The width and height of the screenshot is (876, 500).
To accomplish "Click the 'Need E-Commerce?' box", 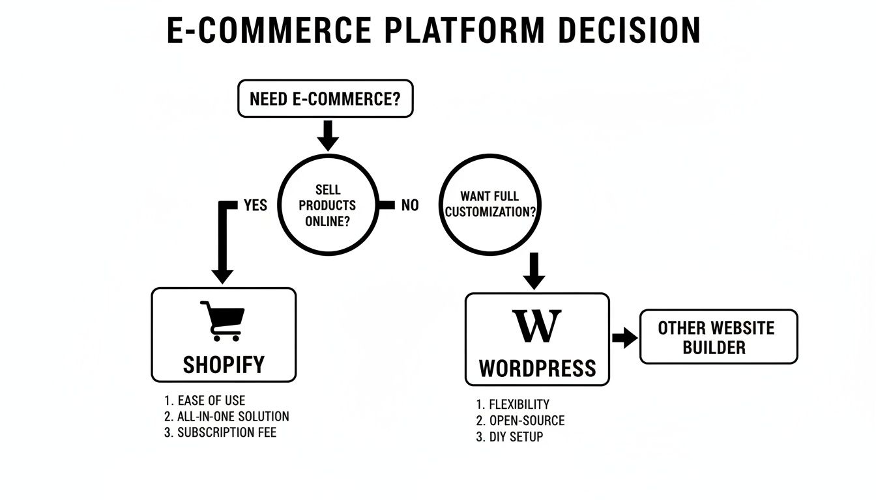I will (325, 99).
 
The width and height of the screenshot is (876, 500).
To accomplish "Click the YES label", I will (255, 205).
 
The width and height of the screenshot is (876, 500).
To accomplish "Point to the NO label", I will (410, 205).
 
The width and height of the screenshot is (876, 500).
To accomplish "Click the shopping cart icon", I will (222, 320).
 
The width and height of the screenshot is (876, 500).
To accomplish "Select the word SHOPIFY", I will (224, 364).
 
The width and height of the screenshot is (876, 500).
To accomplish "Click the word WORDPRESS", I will (537, 368).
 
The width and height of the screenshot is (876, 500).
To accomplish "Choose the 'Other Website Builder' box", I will (718, 337).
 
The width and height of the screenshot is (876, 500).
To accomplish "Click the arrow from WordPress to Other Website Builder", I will (625, 338).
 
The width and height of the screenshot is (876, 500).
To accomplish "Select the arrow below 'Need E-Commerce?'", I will (328, 135).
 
